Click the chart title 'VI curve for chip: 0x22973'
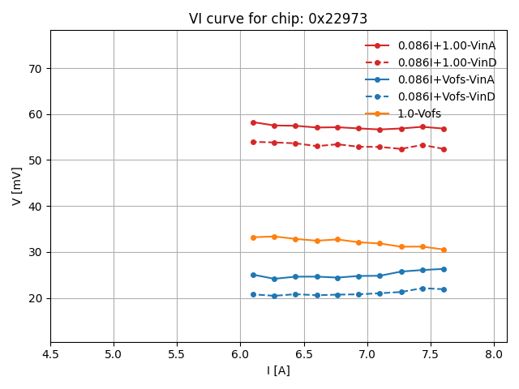point(278,19)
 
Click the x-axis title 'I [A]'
point(278,370)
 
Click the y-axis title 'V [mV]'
point(17,186)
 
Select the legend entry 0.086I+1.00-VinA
point(446,45)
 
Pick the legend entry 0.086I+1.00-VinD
point(447,62)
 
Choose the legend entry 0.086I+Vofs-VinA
point(446,79)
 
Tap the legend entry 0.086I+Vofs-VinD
point(446,96)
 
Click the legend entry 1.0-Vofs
point(419,113)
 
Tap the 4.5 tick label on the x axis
point(50,354)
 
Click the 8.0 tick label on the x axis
point(494,354)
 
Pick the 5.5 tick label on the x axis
point(177,354)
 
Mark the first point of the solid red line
point(253,122)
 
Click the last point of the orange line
point(444,250)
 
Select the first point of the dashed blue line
point(253,294)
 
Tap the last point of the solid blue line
point(444,269)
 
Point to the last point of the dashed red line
point(444,149)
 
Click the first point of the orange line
point(253,237)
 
